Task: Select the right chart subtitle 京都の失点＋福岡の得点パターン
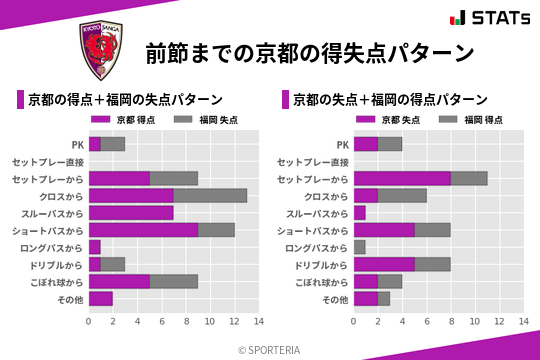(391, 100)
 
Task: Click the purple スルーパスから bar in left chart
(131, 213)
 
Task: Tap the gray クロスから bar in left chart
(210, 196)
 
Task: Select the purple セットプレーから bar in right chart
(402, 179)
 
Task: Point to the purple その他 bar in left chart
(101, 298)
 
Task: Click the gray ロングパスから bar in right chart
(360, 247)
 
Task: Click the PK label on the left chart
(77, 145)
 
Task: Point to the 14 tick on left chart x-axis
(258, 321)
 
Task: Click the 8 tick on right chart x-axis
(451, 321)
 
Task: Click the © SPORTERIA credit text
(270, 349)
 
